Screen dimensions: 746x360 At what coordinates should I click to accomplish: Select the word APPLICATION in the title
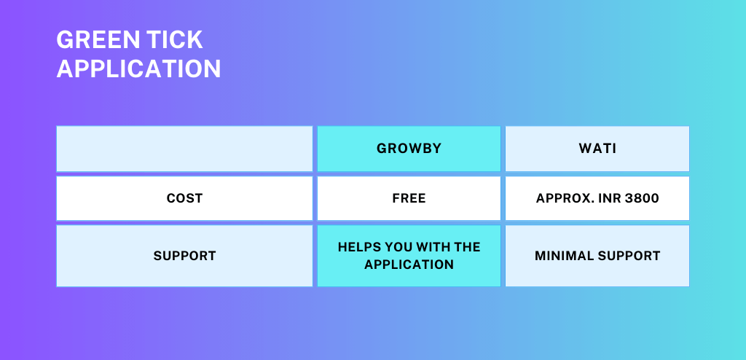(x=138, y=69)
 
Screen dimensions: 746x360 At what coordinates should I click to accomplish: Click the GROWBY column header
(x=409, y=149)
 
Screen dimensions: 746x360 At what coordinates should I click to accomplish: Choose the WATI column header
(x=597, y=149)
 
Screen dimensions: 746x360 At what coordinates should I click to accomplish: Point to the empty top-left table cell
(x=184, y=149)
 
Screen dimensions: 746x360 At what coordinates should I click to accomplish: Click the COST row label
(x=184, y=198)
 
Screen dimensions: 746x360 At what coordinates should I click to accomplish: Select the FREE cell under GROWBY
(x=409, y=198)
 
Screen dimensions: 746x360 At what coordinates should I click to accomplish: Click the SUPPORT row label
(x=184, y=257)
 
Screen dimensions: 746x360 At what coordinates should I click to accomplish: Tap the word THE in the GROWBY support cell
(x=467, y=248)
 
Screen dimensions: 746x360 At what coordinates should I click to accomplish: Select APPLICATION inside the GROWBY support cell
(x=409, y=265)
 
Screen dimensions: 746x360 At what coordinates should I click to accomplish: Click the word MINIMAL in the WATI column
(x=562, y=257)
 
